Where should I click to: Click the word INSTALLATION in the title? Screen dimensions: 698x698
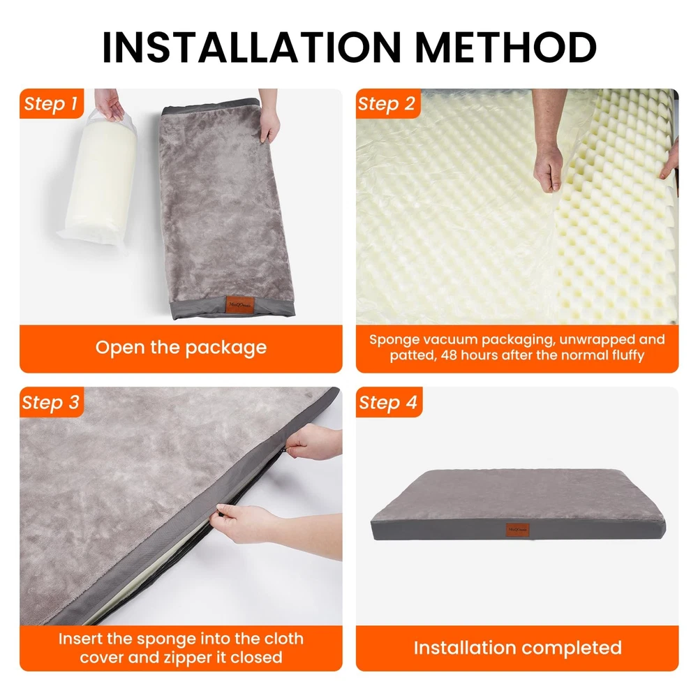coord(253,47)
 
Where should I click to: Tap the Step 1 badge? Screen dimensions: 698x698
coord(52,103)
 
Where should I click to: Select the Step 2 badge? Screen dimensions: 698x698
coord(387,103)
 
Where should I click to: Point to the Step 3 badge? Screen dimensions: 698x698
coord(52,402)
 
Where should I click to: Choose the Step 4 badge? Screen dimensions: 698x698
coord(389,402)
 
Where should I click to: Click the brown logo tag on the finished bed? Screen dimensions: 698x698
coord(517,530)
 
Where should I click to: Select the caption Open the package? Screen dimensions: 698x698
coord(181,347)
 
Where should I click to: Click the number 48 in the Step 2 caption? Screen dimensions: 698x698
coord(448,355)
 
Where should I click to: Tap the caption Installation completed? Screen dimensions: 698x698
coord(517,648)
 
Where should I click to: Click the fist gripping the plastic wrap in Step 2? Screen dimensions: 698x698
coord(549,169)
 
